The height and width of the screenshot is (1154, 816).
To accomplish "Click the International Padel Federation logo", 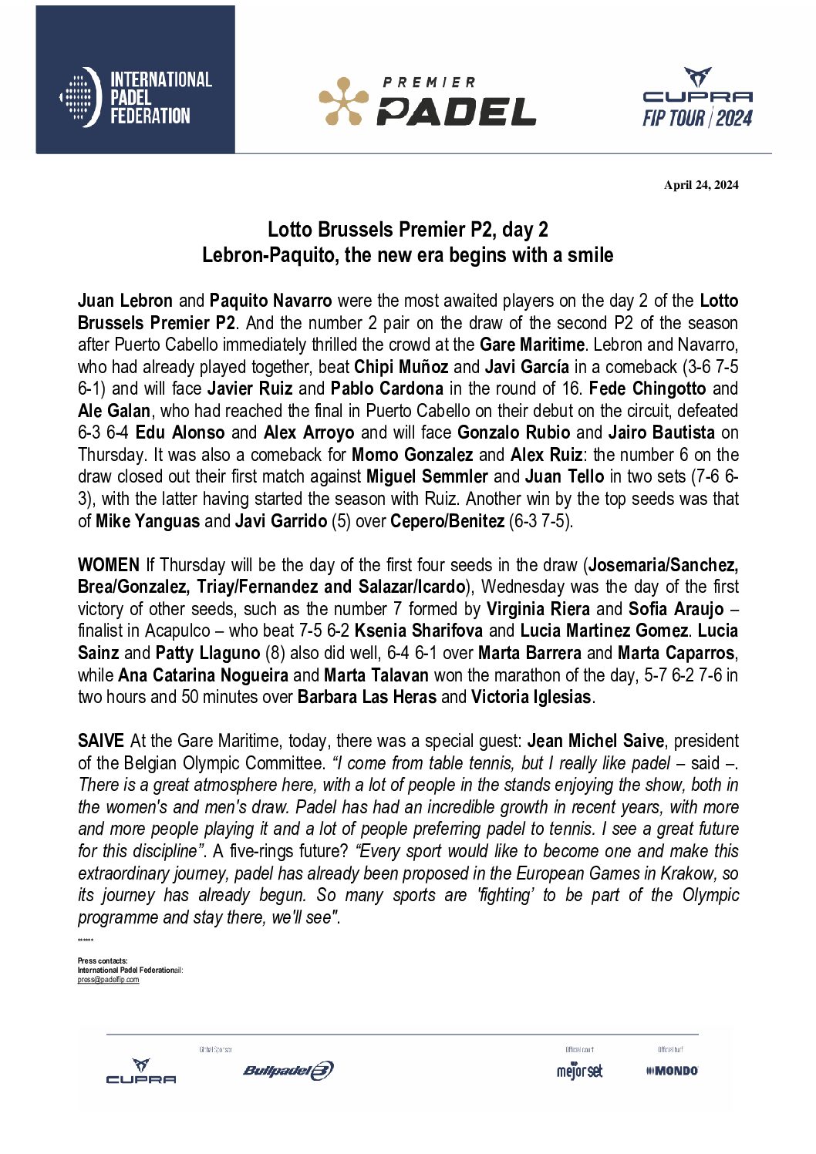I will click(x=136, y=97).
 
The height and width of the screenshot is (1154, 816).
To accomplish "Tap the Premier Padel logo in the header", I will click(x=427, y=101).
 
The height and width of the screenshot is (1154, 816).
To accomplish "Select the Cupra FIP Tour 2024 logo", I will click(x=697, y=98).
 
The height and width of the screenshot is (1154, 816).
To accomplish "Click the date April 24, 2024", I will click(x=701, y=185).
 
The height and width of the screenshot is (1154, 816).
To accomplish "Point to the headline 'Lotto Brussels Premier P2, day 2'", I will click(x=407, y=230).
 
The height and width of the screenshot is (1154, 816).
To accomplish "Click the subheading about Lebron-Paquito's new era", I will click(x=407, y=255).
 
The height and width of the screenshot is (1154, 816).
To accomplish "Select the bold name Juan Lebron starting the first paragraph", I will click(x=125, y=301).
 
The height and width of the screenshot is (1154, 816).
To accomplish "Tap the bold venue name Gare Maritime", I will click(x=531, y=345).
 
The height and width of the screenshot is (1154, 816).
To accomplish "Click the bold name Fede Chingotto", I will click(x=647, y=389).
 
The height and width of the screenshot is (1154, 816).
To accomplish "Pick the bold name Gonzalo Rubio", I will click(x=514, y=432).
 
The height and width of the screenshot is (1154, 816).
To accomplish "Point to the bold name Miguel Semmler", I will click(x=427, y=476).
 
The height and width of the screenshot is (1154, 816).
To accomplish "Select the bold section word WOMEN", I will click(x=109, y=565).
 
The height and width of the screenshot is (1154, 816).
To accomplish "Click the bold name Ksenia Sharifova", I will click(x=418, y=631).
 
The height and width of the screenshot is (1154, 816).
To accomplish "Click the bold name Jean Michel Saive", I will click(x=595, y=741).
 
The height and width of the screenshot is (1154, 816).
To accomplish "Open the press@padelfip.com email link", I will click(x=109, y=980).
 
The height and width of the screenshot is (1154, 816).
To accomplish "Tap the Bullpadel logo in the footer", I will click(x=288, y=1070).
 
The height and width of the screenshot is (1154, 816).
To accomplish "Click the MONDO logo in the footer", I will click(x=673, y=1070).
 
